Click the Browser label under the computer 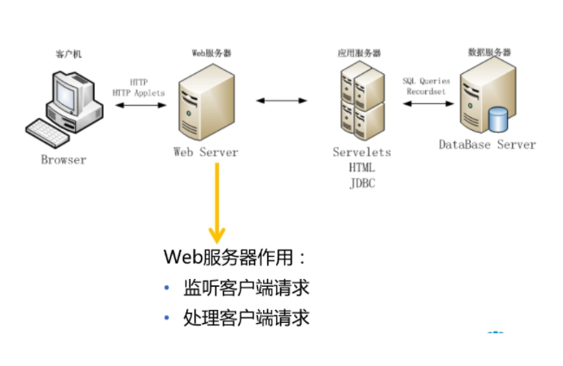[64, 159]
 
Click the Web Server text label [205, 152]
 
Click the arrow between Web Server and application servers [282, 102]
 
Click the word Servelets [361, 152]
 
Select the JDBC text [361, 183]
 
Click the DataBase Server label [487, 144]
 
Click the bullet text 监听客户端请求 [246, 288]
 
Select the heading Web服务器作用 [234, 257]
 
